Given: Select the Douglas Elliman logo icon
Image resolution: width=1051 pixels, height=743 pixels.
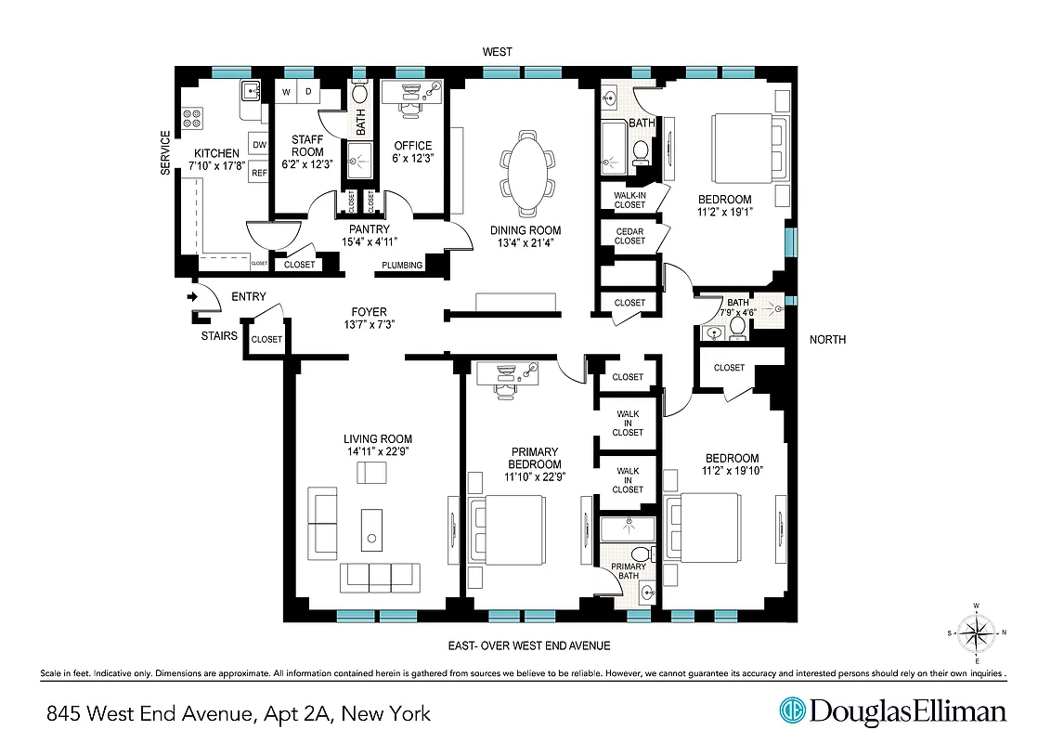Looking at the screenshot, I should coord(792,711).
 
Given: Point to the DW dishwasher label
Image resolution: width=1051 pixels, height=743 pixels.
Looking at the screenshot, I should coord(259,145).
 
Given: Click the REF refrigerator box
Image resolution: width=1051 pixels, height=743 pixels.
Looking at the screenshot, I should coord(259,173).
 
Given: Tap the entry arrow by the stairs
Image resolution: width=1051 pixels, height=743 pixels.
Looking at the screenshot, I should coord(192,297).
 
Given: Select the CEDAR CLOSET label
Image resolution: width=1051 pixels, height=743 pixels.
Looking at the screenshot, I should coord(629,235).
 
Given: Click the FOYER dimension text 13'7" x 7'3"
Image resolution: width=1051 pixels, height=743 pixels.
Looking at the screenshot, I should coord(369,324).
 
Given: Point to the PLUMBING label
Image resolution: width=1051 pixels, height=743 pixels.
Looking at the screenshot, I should coord(402,266).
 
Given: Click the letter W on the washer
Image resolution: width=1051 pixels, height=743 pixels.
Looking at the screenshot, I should coord(286,91).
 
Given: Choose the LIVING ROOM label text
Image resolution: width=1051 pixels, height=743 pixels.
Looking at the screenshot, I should coord(377,439).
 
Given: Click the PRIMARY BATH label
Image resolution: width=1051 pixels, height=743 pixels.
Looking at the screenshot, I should coord(629,572).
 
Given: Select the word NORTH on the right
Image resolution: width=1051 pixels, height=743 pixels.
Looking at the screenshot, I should coord(827,340).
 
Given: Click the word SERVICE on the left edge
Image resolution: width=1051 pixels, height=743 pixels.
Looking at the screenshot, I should coord(166,153).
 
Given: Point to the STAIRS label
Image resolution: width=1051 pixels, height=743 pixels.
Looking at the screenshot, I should coord(219,336).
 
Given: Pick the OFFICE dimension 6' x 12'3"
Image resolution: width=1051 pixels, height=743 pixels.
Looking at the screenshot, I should coord(413,158).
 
